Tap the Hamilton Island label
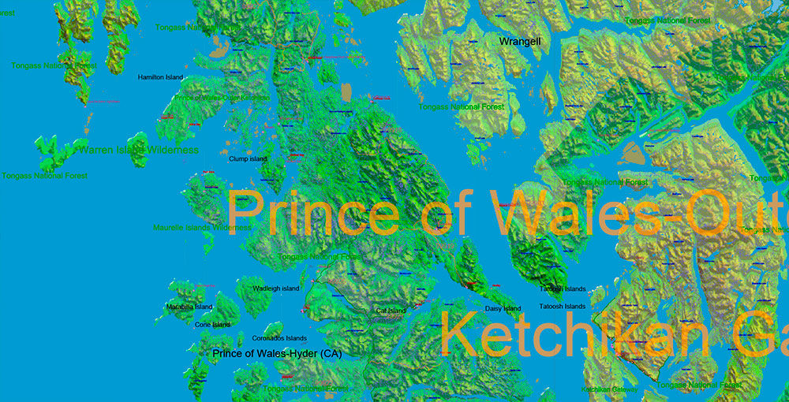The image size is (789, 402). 160,77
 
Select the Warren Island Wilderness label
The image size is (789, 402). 137,149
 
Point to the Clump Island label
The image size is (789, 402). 248,158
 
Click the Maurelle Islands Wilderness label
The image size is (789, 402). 203,227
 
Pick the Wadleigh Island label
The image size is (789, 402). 275,288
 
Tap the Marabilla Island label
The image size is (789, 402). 189,307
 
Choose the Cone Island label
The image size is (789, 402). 212,324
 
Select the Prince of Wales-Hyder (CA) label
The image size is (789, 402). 277,354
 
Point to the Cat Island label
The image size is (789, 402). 391,311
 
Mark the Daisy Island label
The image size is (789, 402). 503,308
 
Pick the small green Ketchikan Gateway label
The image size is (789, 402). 610,389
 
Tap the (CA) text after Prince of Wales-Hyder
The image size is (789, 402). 328,354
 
